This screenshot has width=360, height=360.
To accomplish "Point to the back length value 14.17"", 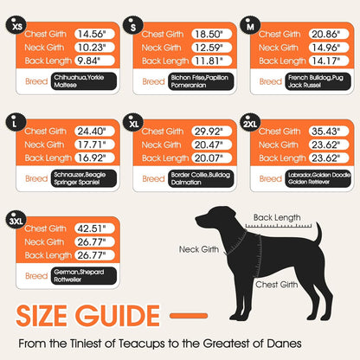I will (322, 61).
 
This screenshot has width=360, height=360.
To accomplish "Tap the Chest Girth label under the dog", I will (276, 284).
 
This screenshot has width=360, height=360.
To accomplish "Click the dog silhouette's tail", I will (318, 235).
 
